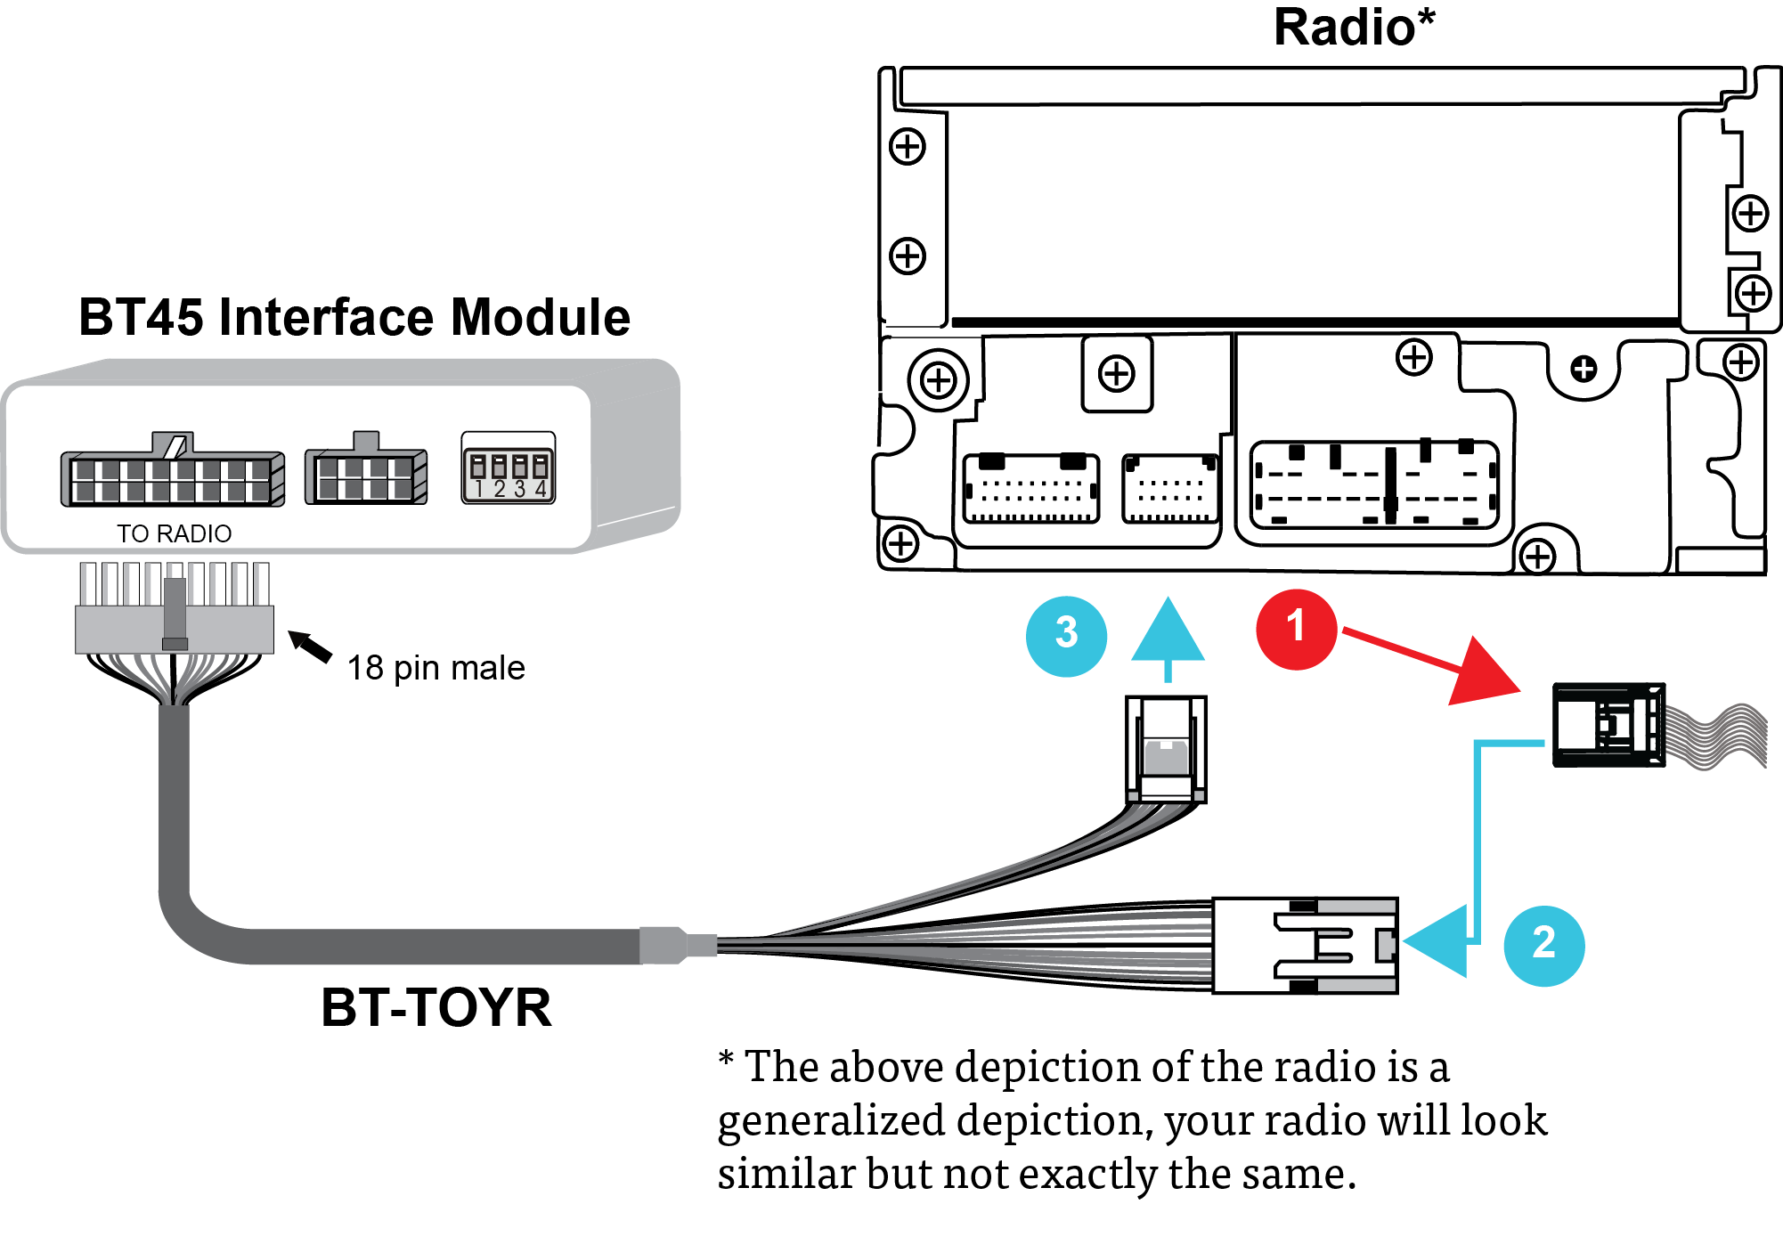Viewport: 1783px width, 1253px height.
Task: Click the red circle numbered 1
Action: (1296, 629)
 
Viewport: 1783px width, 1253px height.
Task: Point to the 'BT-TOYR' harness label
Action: (436, 1007)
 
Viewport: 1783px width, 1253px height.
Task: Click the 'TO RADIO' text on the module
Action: (174, 533)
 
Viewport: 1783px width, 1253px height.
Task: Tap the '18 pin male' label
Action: (436, 668)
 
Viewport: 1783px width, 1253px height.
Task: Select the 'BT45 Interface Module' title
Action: (354, 317)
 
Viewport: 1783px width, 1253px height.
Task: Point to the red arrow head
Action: (1483, 673)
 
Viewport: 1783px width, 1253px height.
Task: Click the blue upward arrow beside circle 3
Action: (1168, 632)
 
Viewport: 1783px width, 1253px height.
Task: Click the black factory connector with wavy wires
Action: (1608, 725)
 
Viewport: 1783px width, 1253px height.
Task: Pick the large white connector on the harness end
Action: (1305, 946)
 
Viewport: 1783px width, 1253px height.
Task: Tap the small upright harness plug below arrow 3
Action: (1166, 749)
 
